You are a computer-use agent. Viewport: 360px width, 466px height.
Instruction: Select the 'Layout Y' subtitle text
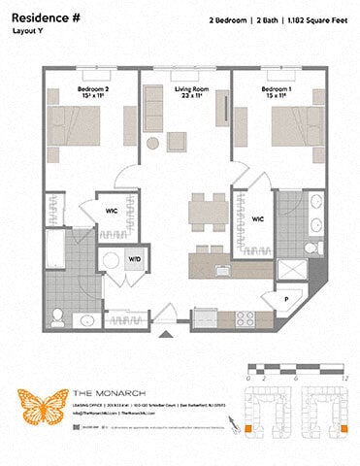pos(29,31)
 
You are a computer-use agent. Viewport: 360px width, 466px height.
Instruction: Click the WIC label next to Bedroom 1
pos(258,219)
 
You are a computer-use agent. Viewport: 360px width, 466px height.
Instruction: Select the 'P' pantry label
pos(286,299)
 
